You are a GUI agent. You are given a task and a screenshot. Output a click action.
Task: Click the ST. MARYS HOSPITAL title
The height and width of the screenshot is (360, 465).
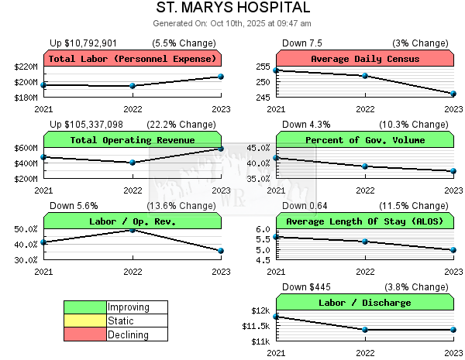[232, 9]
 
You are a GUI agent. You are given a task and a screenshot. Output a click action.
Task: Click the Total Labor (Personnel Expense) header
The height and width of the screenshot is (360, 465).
[132, 59]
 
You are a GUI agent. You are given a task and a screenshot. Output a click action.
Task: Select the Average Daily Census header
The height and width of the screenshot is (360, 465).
[364, 59]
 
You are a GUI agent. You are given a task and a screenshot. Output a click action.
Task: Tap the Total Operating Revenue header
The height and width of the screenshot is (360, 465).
[132, 140]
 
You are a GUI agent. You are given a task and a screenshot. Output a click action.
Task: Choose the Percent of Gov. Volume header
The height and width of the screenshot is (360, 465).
[364, 140]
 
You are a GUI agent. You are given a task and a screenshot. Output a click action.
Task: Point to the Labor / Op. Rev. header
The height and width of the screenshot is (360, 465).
[132, 221]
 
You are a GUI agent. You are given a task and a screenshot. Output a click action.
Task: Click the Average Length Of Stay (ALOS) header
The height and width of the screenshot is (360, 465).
[364, 221]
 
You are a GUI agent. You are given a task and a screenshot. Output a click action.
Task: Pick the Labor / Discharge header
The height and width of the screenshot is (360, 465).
[364, 303]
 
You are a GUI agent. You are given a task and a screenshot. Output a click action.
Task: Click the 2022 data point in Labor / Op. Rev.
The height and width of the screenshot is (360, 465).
[133, 230]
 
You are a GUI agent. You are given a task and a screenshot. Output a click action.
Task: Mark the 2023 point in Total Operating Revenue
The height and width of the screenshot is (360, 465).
[221, 149]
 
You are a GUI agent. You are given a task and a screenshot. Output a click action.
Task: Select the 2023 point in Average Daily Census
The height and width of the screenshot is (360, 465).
[453, 94]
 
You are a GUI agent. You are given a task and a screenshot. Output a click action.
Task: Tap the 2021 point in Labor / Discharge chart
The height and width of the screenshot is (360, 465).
[276, 316]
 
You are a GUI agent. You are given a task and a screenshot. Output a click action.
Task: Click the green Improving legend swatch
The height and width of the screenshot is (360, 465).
[85, 307]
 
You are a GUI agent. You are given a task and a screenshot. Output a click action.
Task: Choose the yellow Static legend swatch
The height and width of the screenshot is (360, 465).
[85, 321]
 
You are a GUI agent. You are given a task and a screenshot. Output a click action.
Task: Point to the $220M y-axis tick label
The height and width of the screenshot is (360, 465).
[26, 67]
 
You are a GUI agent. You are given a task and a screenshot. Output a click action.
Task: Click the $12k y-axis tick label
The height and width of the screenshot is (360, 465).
[260, 310]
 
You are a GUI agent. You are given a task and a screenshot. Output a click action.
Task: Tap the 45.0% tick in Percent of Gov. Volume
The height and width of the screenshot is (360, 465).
[258, 148]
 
